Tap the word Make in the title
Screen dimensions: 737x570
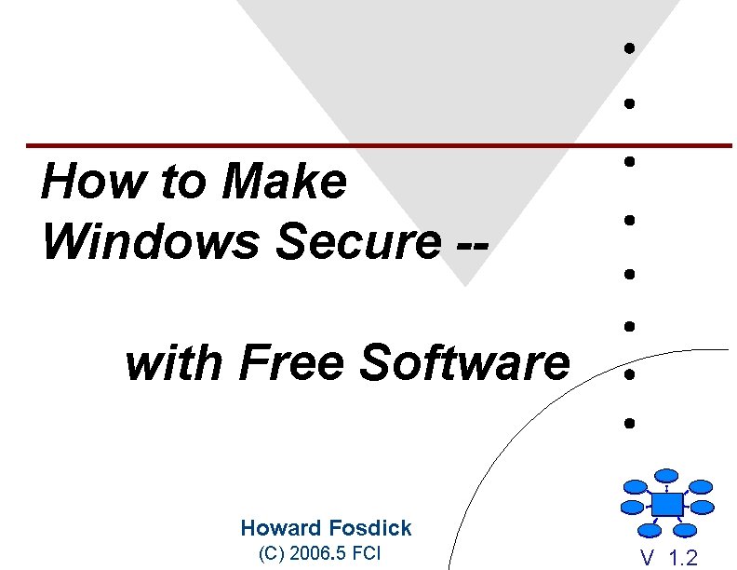point(284,182)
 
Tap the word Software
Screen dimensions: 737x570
point(464,362)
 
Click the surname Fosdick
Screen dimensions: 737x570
point(368,528)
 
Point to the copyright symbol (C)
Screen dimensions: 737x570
point(271,554)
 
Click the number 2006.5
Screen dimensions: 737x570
point(318,554)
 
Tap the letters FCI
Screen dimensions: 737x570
point(368,554)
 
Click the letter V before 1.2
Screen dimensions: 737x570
point(647,559)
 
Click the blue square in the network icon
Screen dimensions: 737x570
point(667,504)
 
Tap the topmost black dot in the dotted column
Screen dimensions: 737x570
point(630,47)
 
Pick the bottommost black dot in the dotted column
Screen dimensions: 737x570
point(630,423)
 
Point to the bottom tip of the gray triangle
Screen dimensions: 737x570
point(466,283)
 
